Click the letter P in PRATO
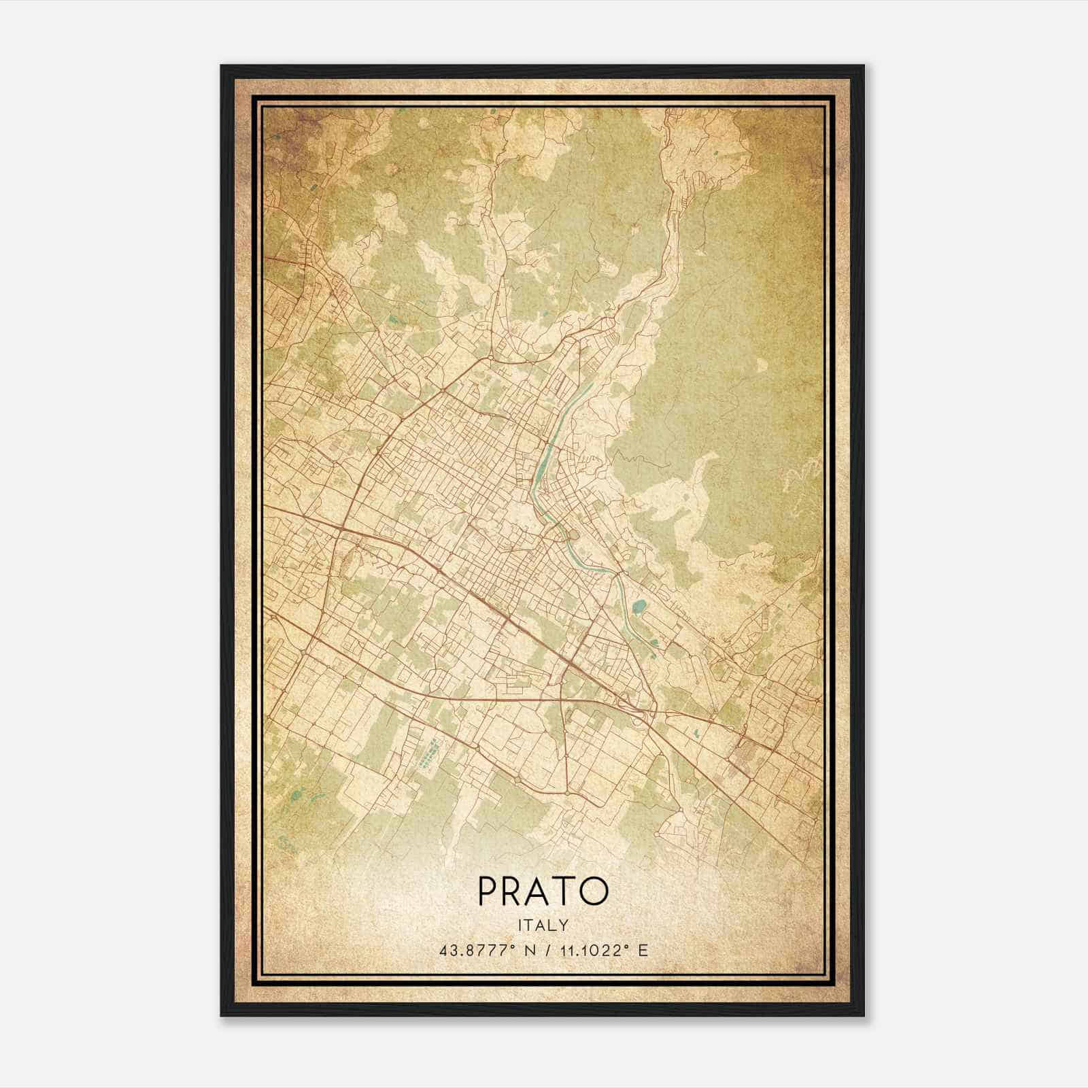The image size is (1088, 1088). pyautogui.click(x=489, y=891)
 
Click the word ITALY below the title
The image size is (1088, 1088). pyautogui.click(x=543, y=925)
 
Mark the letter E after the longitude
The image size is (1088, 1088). pyautogui.click(x=643, y=950)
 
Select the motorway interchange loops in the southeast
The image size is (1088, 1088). pyautogui.click(x=639, y=707)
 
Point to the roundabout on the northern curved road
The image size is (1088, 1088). pyautogui.click(x=490, y=356)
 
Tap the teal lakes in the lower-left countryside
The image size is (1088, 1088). pyautogui.click(x=299, y=801)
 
